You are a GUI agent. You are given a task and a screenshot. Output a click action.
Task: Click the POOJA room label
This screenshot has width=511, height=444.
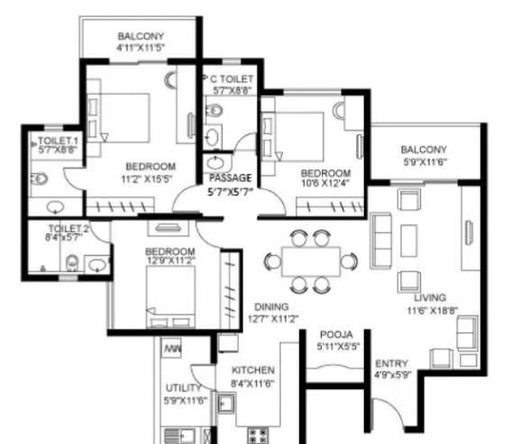(334, 333)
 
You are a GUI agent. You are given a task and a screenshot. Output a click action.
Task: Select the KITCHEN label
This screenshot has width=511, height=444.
(252, 370)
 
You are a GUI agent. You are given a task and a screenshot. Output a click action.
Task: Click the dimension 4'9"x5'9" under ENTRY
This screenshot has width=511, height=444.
(392, 376)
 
